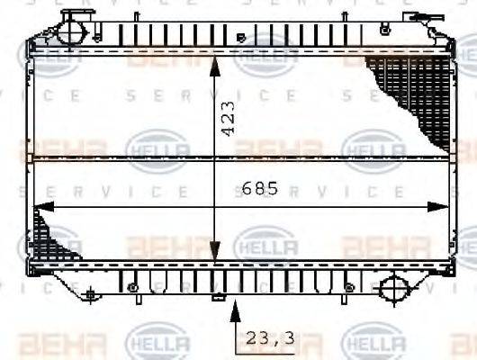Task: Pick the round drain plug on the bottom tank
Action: click(393, 289)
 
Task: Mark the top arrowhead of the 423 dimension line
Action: click(214, 65)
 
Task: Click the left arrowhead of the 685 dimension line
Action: click(40, 206)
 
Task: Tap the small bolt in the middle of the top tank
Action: click(240, 38)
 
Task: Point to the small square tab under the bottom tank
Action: click(216, 298)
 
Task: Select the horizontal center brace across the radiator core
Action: click(238, 158)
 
